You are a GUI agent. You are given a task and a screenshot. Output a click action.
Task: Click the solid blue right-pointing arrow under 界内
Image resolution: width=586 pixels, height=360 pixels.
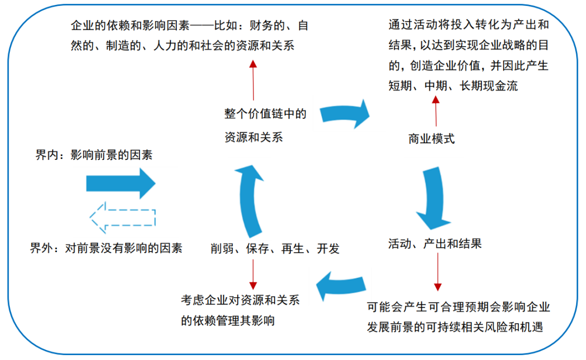(120, 183)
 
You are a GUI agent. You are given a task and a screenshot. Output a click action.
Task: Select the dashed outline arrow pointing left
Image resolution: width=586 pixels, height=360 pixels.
(122, 218)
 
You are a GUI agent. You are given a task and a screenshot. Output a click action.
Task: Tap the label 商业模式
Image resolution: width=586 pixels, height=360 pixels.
(431, 139)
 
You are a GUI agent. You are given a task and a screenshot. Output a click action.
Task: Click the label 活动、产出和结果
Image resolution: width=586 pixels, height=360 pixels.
(435, 244)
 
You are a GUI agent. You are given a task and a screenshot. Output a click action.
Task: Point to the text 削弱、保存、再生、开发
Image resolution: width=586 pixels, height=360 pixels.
(275, 248)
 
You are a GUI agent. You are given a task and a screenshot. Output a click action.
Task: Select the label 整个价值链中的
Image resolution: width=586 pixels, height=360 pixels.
(265, 113)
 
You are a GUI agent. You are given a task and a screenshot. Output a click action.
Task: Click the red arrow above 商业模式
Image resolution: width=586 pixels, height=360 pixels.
(436, 111)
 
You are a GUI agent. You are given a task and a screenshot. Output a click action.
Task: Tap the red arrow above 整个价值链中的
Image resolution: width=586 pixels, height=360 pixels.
(253, 80)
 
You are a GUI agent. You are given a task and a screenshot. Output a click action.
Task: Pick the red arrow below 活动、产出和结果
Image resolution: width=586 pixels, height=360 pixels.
(438, 272)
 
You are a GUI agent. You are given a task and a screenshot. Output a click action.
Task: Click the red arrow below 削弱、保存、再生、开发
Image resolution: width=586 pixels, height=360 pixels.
(253, 274)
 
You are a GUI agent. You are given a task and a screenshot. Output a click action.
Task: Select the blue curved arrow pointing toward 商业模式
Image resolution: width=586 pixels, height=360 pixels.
(345, 114)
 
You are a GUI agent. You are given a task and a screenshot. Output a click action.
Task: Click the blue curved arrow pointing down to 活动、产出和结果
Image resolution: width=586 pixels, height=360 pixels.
(434, 198)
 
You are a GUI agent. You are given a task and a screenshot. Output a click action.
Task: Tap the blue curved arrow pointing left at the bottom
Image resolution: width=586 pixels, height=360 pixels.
(341, 286)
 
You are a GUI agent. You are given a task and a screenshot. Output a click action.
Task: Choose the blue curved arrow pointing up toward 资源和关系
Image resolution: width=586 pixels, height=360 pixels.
(250, 201)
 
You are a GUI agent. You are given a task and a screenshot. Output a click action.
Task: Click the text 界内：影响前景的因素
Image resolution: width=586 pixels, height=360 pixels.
(94, 155)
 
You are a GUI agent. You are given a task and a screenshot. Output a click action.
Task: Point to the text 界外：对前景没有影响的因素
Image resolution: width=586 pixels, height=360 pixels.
(106, 248)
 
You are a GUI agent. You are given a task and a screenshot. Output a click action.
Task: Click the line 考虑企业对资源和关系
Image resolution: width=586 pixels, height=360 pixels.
(240, 300)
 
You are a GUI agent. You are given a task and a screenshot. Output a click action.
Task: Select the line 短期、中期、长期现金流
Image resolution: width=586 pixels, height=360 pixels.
(453, 86)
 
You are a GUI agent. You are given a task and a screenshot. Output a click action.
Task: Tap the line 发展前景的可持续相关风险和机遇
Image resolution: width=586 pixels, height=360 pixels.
(455, 327)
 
